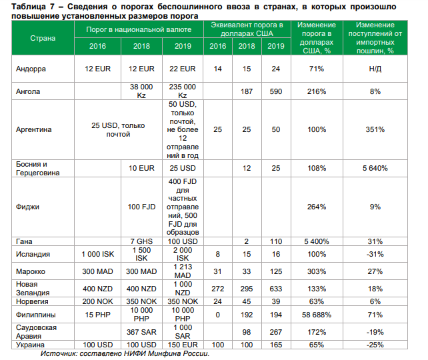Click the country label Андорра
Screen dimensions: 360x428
coord(33,69)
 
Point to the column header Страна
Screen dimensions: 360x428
coord(43,38)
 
